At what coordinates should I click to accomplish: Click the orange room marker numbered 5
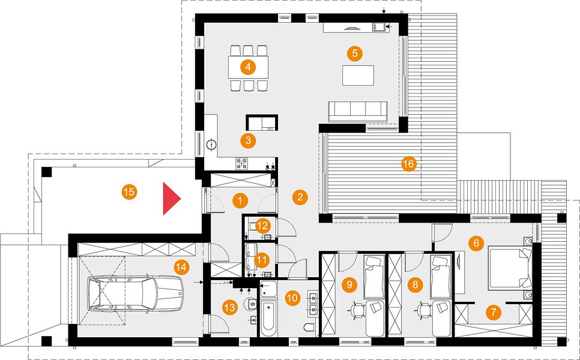(355, 53)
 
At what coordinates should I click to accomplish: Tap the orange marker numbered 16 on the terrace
(409, 164)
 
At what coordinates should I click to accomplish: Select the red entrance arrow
(172, 199)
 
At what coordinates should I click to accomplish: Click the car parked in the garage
(135, 294)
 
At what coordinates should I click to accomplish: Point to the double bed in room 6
(510, 268)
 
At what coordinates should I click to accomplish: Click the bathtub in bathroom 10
(267, 318)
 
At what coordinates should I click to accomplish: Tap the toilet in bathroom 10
(309, 327)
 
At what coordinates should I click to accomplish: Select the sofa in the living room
(358, 111)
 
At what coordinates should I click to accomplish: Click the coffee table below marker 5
(358, 75)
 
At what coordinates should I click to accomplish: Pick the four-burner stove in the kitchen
(242, 163)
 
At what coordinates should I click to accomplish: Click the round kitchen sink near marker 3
(211, 145)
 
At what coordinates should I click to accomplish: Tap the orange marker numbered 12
(262, 225)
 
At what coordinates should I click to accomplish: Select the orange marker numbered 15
(129, 192)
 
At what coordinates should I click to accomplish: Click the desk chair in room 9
(358, 310)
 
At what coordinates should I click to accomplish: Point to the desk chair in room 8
(424, 310)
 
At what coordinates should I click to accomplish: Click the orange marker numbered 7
(493, 313)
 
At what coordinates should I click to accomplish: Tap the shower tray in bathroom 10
(268, 289)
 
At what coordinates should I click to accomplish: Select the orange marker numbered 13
(230, 307)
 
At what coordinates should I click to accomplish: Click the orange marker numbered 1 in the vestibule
(240, 200)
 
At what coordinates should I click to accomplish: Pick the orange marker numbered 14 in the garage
(181, 267)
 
